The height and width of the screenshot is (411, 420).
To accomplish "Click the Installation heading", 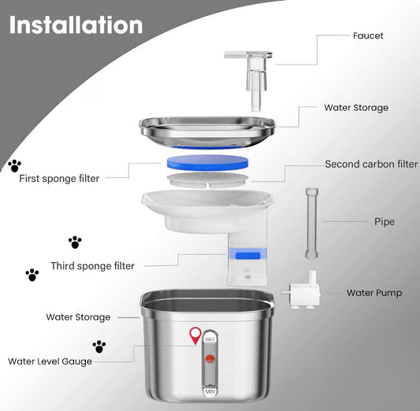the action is click(x=76, y=25).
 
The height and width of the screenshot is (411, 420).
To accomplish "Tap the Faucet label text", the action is click(x=368, y=35).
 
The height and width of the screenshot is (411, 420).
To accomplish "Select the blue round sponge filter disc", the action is click(x=207, y=162).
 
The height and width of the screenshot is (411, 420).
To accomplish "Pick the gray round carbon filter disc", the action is click(x=207, y=180).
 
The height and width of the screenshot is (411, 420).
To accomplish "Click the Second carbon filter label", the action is click(x=371, y=164).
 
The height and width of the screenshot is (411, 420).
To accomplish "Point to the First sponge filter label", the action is click(x=59, y=179).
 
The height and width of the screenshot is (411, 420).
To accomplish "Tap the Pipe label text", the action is click(x=385, y=222).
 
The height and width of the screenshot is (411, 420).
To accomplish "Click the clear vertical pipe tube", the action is click(x=312, y=223).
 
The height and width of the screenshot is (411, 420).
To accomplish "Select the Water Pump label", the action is click(x=374, y=293).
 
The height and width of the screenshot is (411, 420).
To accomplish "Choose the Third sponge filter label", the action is click(x=92, y=266).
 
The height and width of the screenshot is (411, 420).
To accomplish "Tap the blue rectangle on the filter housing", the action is click(x=247, y=256).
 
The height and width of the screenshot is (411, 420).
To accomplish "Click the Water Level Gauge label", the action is click(x=50, y=361).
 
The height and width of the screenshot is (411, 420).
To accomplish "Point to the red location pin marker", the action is click(x=195, y=335).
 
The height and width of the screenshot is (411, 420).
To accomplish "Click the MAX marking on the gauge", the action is click(x=210, y=339).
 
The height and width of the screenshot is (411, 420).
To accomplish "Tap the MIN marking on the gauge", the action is click(x=210, y=392).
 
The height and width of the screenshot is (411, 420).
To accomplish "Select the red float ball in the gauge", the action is click(x=210, y=359).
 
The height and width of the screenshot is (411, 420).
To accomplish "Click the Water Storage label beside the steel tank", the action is click(x=78, y=317).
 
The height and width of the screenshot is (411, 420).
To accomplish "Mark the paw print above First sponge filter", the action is click(x=14, y=166).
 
